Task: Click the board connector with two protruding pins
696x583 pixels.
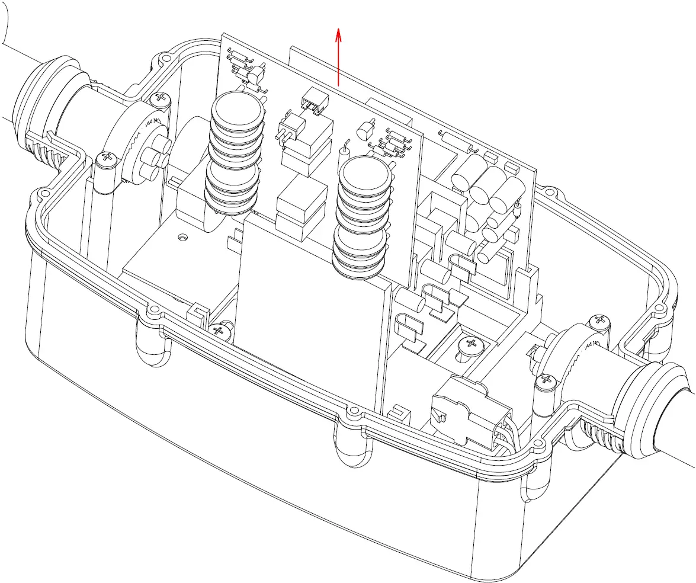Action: pos(290,127)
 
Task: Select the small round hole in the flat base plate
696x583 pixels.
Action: pos(182,238)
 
